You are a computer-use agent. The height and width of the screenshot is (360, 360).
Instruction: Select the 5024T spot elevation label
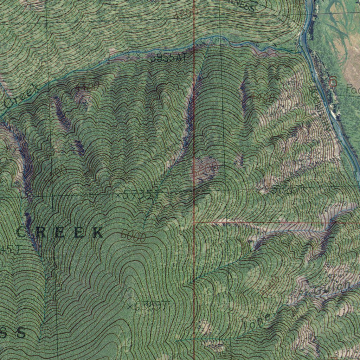281,190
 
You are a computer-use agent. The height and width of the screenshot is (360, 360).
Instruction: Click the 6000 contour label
133,236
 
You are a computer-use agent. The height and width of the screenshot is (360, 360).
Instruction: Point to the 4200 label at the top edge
183,14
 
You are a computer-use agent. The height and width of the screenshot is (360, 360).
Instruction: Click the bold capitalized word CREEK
60,232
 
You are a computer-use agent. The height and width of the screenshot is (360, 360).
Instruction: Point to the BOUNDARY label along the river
320,109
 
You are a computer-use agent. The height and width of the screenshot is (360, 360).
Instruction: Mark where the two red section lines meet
194,222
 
